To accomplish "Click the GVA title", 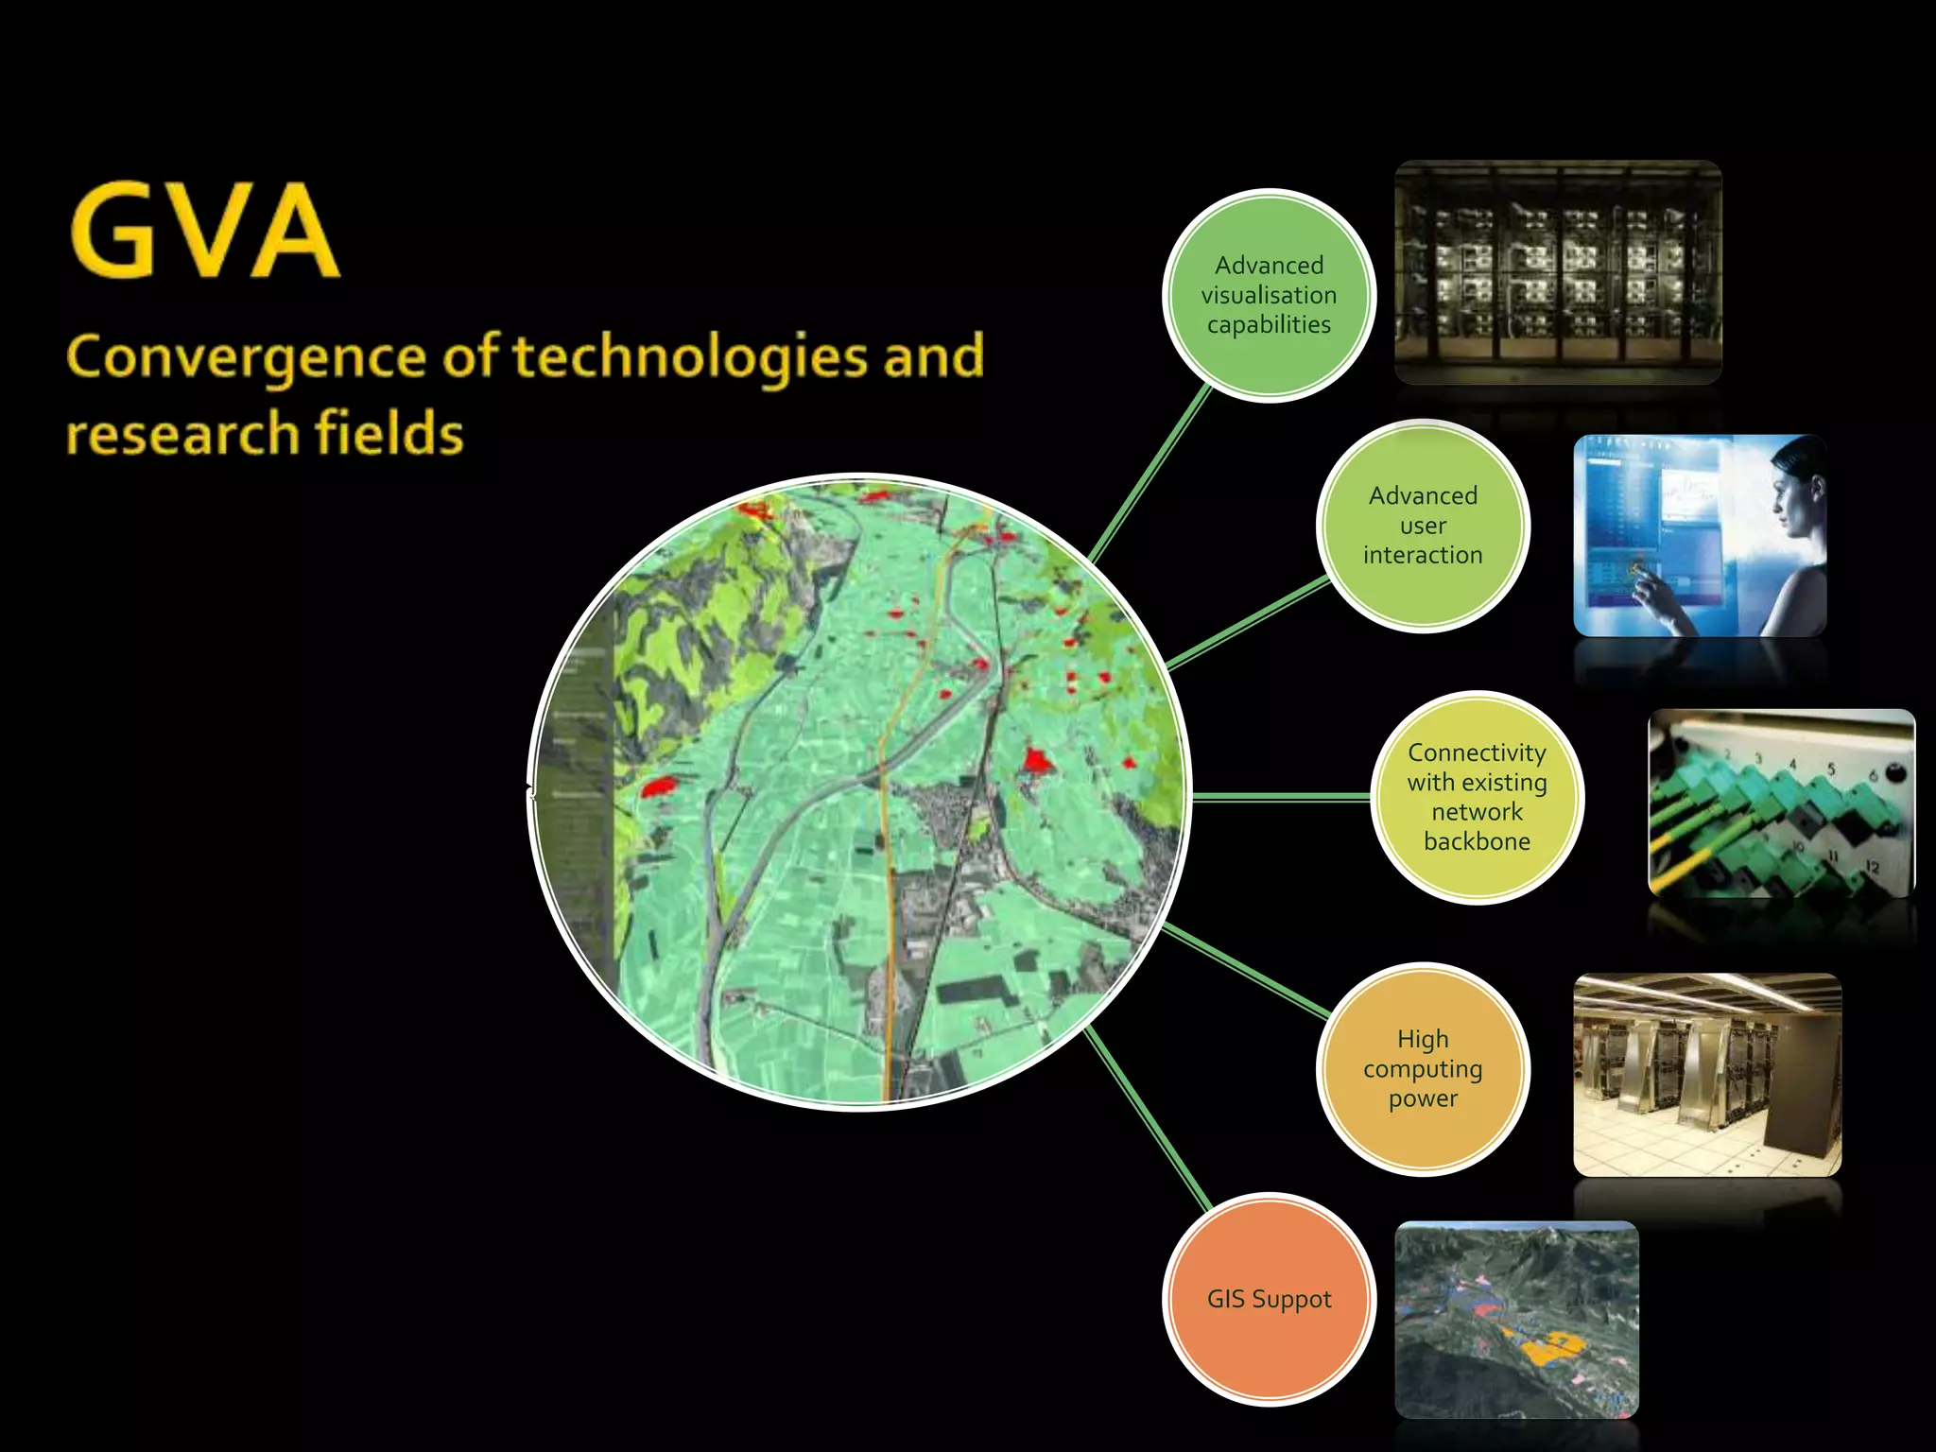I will (x=204, y=232).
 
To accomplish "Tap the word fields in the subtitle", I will (x=389, y=433).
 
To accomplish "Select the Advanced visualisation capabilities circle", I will (x=1269, y=295).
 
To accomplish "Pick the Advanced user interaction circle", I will (x=1423, y=526).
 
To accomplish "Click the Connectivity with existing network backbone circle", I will (x=1477, y=797).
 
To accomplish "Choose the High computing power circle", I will (x=1423, y=1068).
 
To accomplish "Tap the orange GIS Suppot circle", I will (x=1269, y=1299).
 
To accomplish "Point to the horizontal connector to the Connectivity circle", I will (x=1281, y=797).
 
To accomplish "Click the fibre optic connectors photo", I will (x=1781, y=804).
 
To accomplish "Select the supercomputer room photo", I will (x=1706, y=1075).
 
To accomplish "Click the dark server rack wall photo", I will (x=1558, y=272).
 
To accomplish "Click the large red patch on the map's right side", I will (x=1037, y=759).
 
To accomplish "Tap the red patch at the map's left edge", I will (x=658, y=785).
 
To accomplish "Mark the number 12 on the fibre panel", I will (x=1872, y=866).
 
